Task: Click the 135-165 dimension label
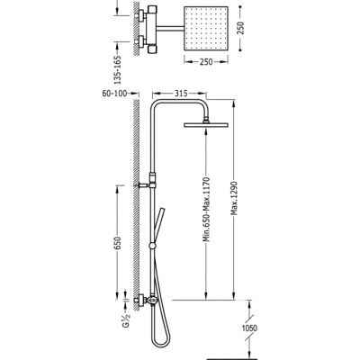(118, 69)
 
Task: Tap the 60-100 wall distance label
(114, 94)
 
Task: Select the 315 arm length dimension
(181, 94)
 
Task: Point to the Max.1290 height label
(234, 198)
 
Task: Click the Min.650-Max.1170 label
(206, 210)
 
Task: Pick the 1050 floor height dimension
(249, 328)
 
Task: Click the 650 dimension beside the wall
(118, 243)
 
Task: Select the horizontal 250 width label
(206, 62)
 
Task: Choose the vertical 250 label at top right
(241, 28)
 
